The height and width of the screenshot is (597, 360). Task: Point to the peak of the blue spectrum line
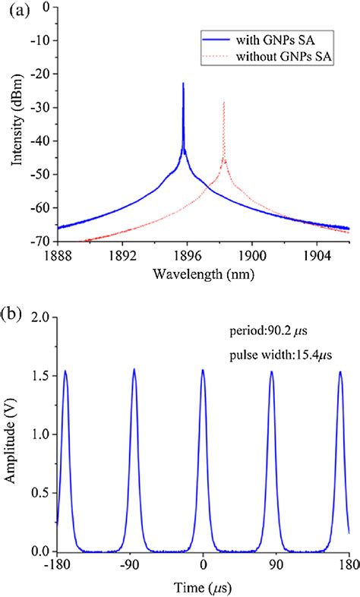pyautogui.click(x=183, y=84)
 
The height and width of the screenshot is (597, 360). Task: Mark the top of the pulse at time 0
pyautogui.click(x=203, y=371)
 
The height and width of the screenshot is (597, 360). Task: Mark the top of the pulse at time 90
pyautogui.click(x=272, y=372)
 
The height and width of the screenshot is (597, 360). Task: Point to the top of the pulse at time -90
pyautogui.click(x=134, y=370)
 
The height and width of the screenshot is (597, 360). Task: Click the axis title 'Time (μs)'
pyautogui.click(x=203, y=588)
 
